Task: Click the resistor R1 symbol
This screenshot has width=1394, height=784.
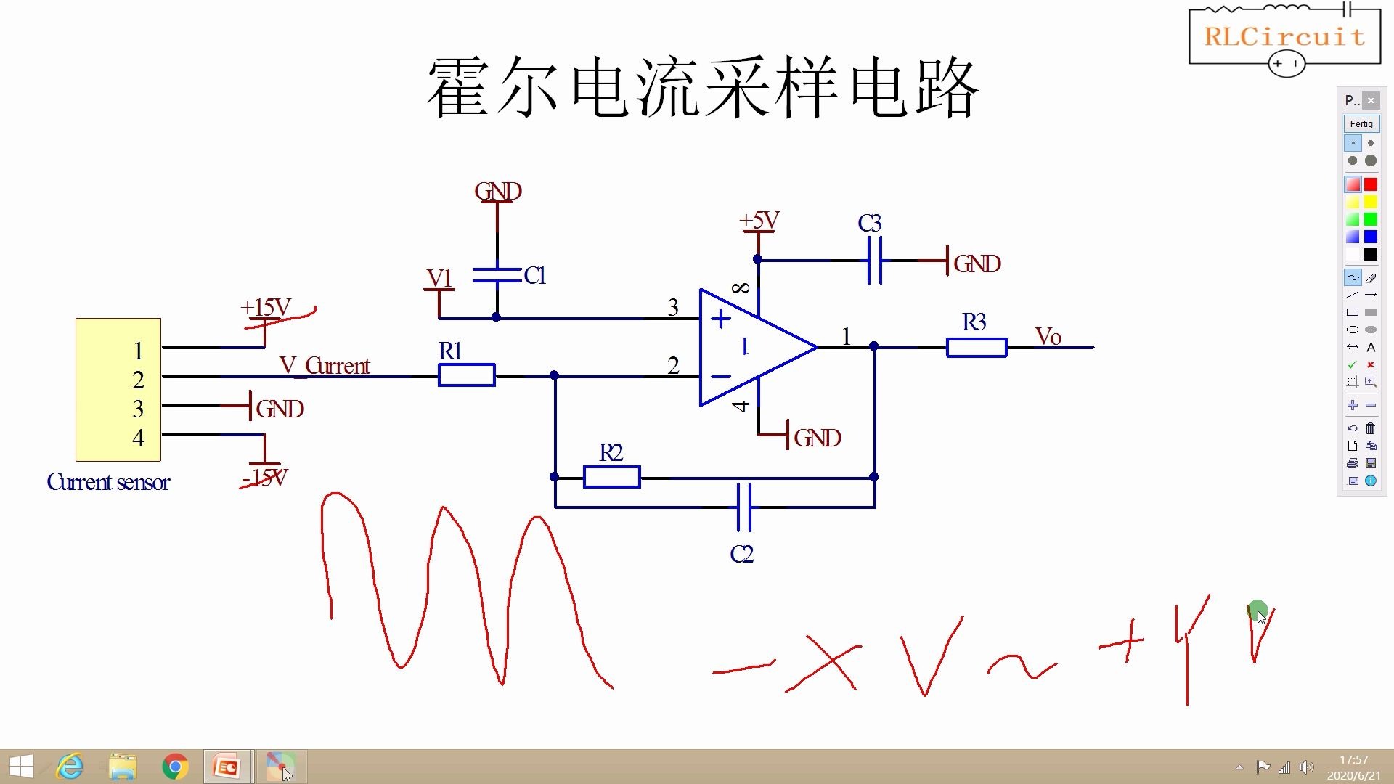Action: [466, 375]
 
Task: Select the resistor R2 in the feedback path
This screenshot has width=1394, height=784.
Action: [611, 477]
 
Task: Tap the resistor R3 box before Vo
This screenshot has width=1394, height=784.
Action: [976, 348]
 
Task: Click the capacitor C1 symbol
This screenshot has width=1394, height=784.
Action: [497, 275]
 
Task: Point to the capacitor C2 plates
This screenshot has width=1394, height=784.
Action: [743, 507]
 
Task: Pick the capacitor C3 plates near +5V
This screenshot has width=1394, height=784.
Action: [875, 260]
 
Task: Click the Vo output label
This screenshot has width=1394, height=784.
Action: [1048, 337]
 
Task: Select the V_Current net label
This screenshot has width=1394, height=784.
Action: [325, 365]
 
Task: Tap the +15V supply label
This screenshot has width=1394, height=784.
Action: [266, 307]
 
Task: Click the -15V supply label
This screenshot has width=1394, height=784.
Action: [265, 478]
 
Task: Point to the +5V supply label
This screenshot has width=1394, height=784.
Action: [759, 221]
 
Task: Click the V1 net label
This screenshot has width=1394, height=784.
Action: [439, 278]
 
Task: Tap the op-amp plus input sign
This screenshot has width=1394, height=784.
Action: [720, 319]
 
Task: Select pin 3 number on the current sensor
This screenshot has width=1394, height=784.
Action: [138, 409]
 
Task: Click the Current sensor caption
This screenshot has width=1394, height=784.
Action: [108, 482]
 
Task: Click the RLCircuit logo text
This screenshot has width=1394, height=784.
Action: [1284, 36]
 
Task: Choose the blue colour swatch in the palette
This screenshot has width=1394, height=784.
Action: [1370, 237]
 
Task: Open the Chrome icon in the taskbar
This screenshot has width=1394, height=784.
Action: [175, 767]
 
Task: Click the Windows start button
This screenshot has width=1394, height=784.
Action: [21, 767]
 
